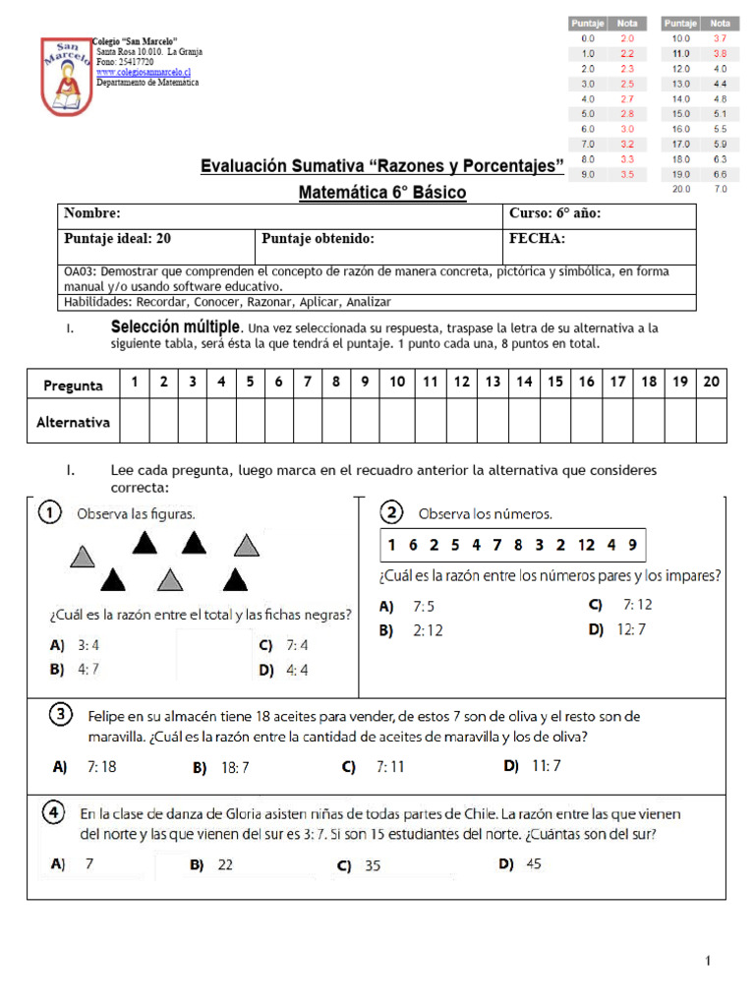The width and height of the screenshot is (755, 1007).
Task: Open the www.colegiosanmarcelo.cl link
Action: point(143,73)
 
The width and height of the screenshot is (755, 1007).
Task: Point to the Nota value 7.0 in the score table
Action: point(720,189)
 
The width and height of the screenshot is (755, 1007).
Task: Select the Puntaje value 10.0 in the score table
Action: point(680,38)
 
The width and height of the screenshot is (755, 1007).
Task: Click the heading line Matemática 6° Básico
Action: point(382,193)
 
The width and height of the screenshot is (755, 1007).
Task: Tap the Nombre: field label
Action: point(92,213)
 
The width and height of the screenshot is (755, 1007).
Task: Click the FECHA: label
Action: point(537,239)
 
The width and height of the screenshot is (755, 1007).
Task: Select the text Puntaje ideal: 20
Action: point(118,239)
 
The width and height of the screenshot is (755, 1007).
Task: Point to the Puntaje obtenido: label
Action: point(318,239)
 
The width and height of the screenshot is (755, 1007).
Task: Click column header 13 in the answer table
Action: point(493,382)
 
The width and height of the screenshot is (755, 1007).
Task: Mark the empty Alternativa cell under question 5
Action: point(250,422)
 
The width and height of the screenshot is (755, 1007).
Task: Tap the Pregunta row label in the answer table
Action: point(74,385)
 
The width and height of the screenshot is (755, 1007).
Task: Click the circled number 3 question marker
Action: point(61,713)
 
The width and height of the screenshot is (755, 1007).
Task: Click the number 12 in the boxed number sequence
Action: point(587,545)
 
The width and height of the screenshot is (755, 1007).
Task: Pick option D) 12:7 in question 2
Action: point(617,629)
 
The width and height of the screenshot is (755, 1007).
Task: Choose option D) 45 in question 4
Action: point(520,864)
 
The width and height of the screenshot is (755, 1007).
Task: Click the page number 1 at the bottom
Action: point(707,961)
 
